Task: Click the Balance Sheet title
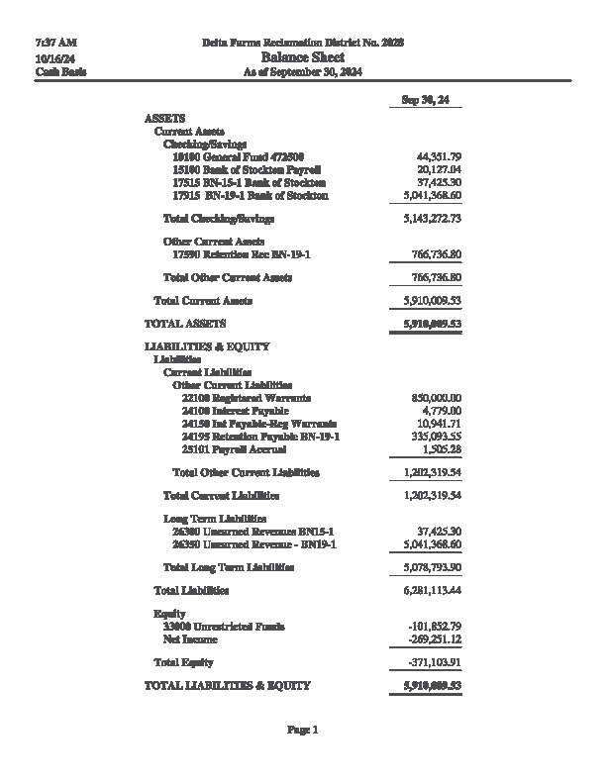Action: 302,57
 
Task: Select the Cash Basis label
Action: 60,72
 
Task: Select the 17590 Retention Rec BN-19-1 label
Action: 242,255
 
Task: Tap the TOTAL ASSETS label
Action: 185,324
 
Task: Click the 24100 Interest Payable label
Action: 235,411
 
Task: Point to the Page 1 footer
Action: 302,731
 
